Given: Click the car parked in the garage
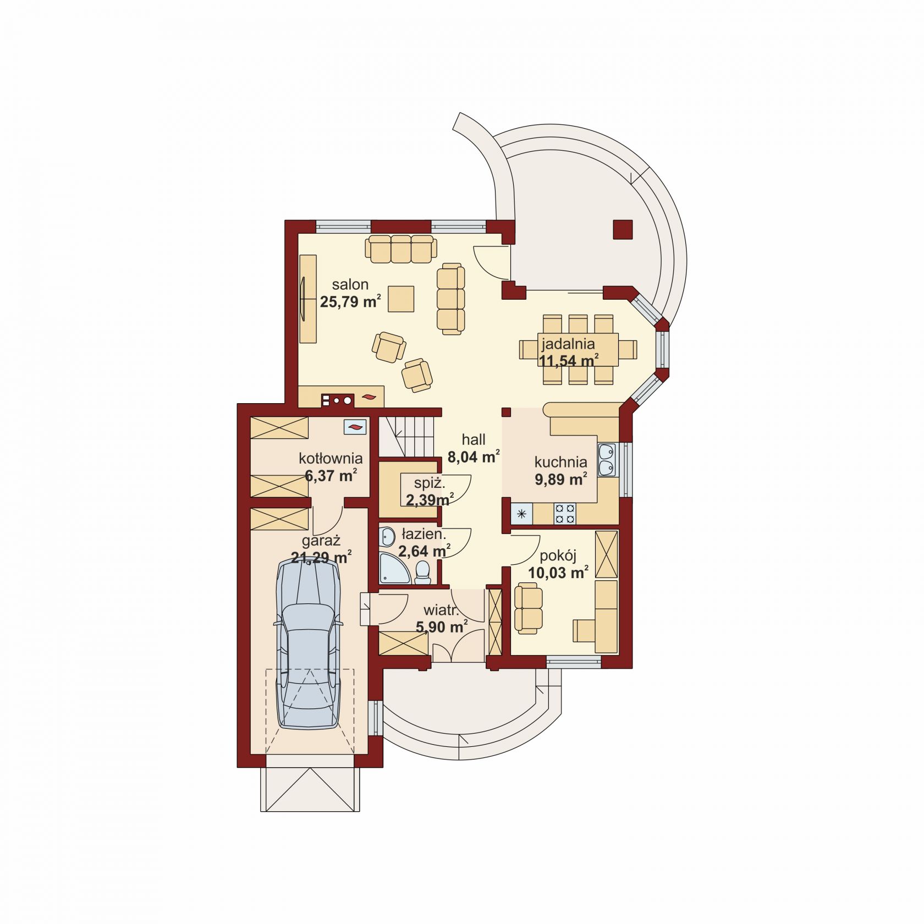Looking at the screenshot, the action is coord(309,643).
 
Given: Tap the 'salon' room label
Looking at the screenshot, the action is coord(350,284).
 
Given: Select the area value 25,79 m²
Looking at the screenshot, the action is coord(350,301).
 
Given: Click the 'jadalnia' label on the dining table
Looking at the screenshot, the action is coord(568,344).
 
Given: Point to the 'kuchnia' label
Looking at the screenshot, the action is coord(560,462).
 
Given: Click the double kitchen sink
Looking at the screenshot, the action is coord(607,460).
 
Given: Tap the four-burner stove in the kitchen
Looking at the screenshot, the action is coord(565,514).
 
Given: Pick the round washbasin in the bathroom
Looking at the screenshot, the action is coord(387,536).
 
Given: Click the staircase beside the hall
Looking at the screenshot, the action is coord(407,436).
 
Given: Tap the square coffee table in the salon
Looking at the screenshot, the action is coord(401,299).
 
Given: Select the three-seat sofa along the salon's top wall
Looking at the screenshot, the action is coord(400,249).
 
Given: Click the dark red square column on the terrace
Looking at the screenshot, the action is coord(623,230).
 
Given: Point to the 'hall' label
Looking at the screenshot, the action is coord(474,439).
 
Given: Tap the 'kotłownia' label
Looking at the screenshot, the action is coord(331,458).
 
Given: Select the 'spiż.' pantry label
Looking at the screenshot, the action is coord(430,483).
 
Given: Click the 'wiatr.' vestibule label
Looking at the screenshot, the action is coord(441,610).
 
